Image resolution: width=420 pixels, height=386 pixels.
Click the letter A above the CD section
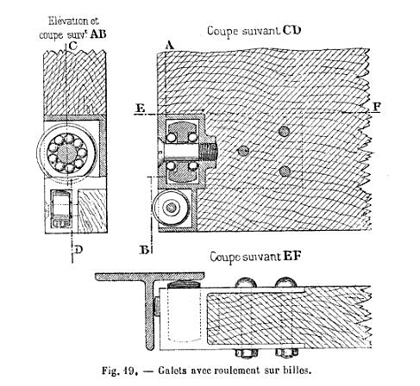click(x=170, y=46)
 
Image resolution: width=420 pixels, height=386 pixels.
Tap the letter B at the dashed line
click(x=145, y=250)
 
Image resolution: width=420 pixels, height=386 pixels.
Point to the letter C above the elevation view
click(x=73, y=46)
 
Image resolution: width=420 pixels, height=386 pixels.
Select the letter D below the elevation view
click(x=78, y=250)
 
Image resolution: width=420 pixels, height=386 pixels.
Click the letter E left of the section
click(x=140, y=108)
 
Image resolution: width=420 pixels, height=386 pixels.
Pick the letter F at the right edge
click(x=377, y=107)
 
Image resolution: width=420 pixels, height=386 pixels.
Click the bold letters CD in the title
click(x=291, y=30)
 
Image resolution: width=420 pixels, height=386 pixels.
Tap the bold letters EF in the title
click(x=291, y=256)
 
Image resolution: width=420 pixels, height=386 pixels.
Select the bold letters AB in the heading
click(x=98, y=34)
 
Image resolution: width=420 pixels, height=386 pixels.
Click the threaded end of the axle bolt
click(x=209, y=152)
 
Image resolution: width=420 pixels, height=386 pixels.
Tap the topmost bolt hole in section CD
click(x=284, y=131)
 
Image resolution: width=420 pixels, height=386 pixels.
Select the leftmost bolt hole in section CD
click(x=243, y=151)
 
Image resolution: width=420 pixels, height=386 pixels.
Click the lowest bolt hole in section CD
click(x=285, y=171)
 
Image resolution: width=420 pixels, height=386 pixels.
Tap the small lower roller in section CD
click(x=171, y=208)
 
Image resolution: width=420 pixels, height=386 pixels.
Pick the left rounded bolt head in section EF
click(x=246, y=283)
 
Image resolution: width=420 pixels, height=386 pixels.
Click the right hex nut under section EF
click(x=286, y=352)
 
